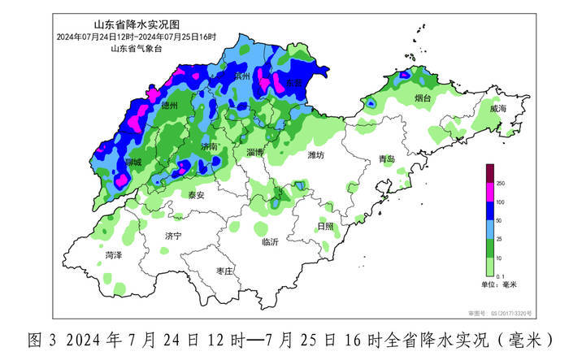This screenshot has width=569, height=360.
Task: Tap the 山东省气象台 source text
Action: click(135, 50)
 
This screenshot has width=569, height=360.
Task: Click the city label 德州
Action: click(170, 106)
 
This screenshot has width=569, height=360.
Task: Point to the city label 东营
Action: click(293, 83)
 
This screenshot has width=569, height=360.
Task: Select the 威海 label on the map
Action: click(498, 108)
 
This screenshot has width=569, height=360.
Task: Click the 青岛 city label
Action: click(386, 160)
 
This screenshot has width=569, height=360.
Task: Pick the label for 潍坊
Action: click(315, 154)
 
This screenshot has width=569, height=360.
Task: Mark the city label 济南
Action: click(210, 147)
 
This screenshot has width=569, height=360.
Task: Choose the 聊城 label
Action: click(132, 163)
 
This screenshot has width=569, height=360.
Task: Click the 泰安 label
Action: click(196, 195)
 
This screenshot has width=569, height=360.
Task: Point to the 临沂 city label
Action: click(271, 242)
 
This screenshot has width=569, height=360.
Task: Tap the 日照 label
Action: click(324, 226)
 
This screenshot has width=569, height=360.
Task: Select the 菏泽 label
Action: click(114, 255)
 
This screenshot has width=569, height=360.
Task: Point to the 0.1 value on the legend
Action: click(502, 275)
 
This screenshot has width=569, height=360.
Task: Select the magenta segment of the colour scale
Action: click(490, 193)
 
